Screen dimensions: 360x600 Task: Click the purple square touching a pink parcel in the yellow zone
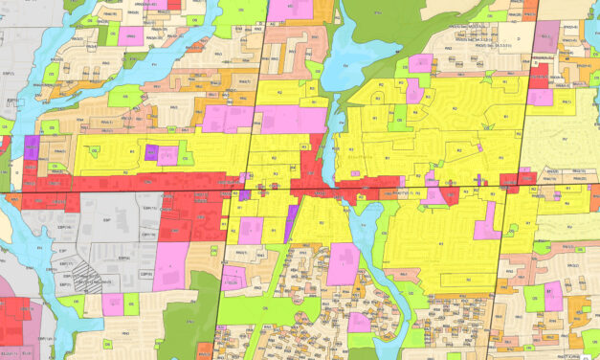[x=151, y=153]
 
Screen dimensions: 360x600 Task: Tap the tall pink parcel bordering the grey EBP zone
[x=170, y=265]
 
